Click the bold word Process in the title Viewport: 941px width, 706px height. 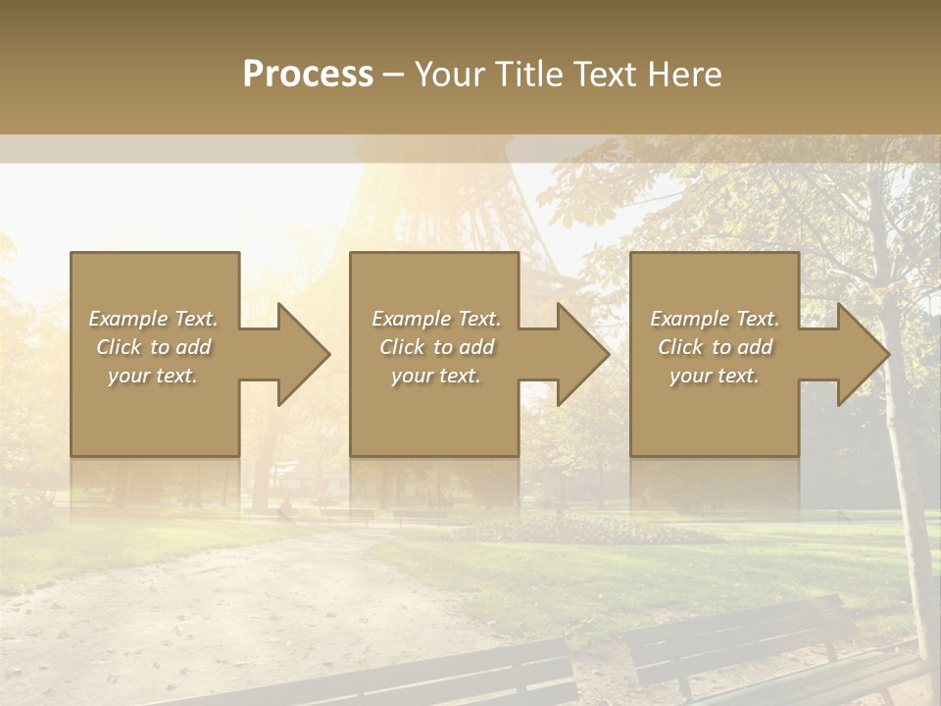point(308,75)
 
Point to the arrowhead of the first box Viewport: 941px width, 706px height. point(304,354)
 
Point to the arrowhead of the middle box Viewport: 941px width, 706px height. point(583,354)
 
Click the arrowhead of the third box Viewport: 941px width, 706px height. point(863,354)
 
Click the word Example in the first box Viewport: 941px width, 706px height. point(128,319)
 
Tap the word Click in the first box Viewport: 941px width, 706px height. point(119,347)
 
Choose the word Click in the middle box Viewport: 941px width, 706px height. point(402,347)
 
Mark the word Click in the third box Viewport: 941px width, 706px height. point(680,347)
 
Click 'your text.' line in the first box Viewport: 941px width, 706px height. point(153,376)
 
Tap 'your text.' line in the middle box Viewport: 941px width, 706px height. point(436,376)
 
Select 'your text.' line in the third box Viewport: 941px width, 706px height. point(715,376)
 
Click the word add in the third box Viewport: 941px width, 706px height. point(755,347)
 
